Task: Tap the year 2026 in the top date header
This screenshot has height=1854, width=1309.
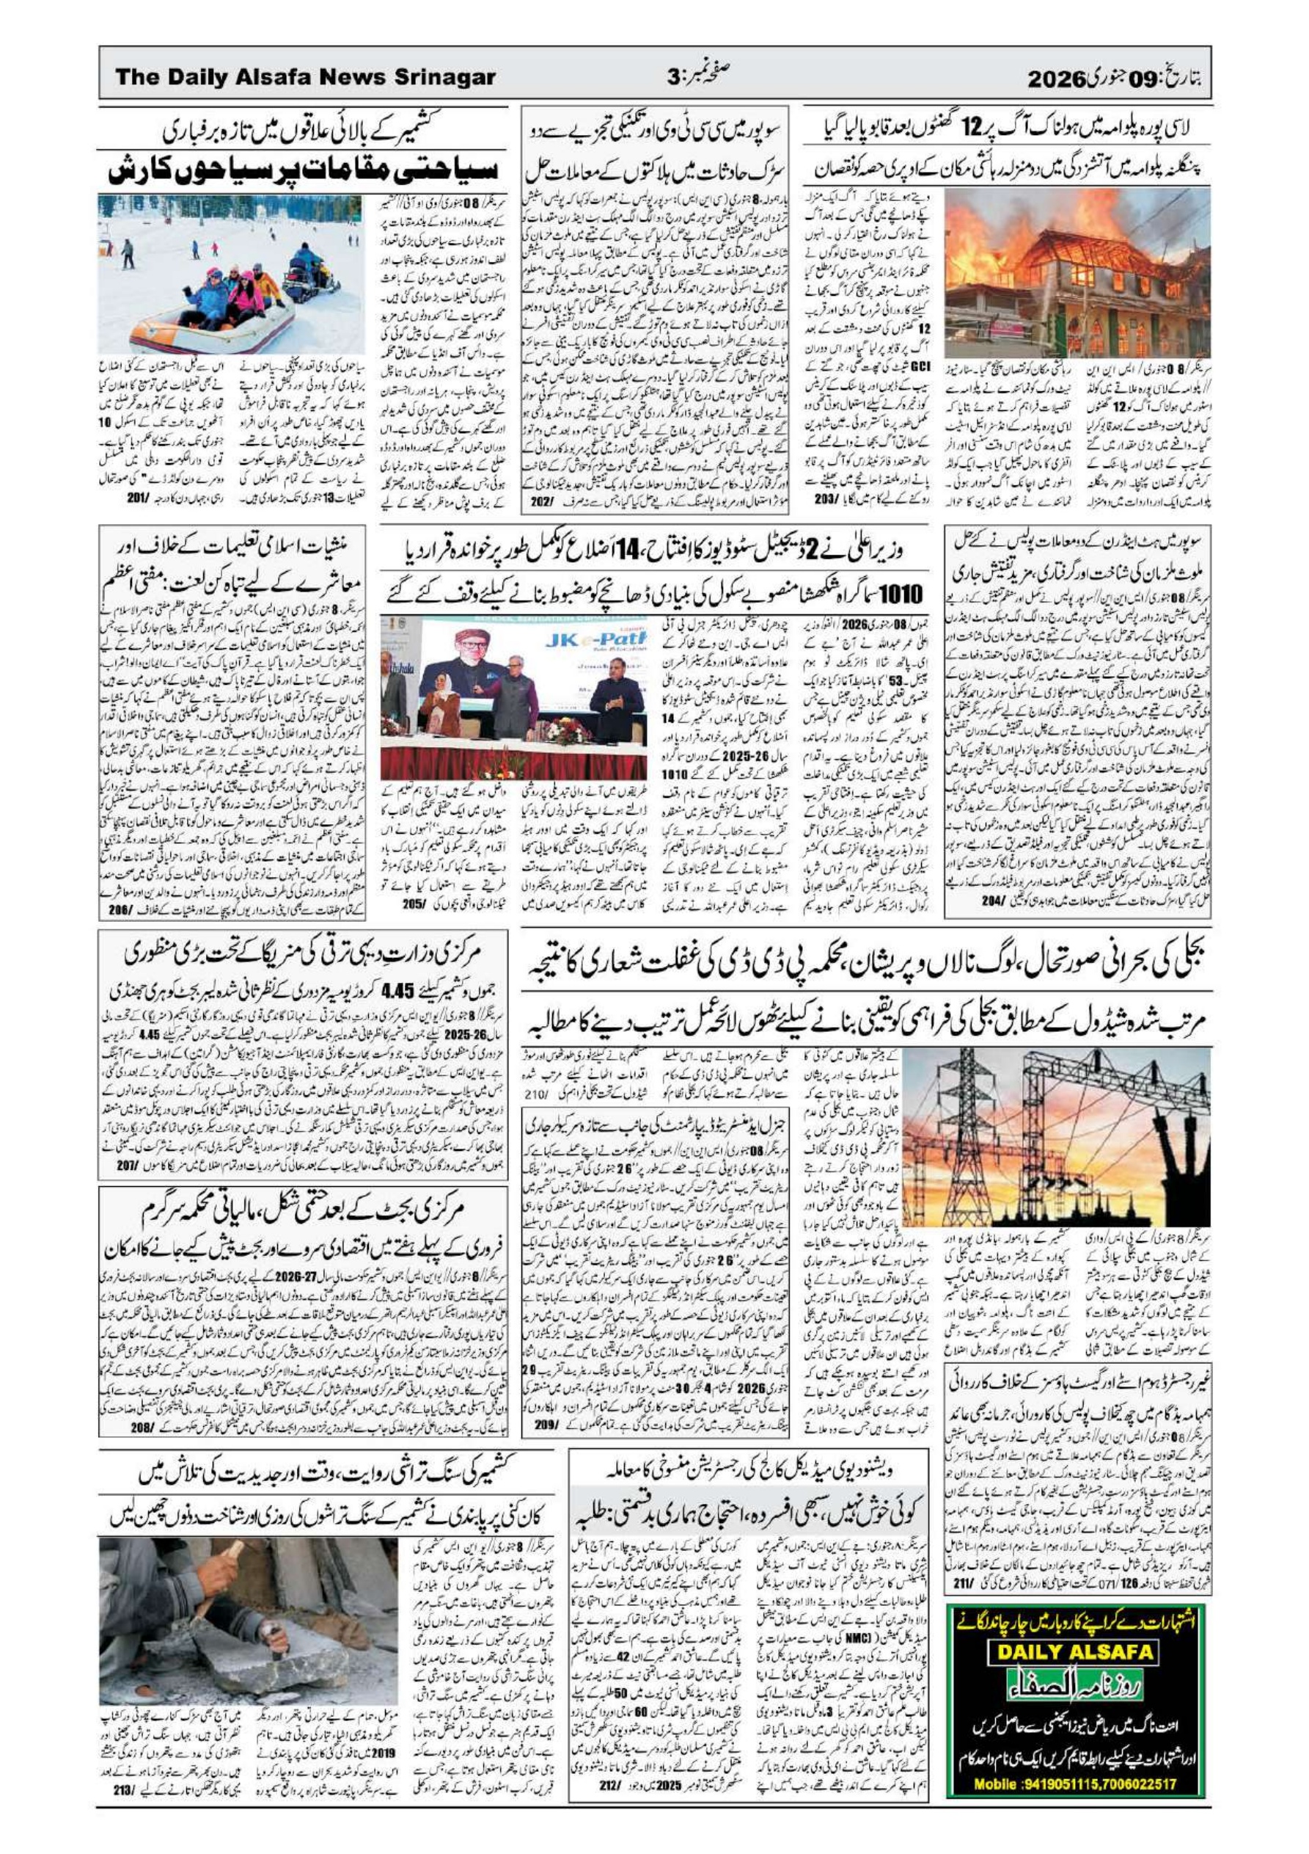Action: pyautogui.click(x=1054, y=79)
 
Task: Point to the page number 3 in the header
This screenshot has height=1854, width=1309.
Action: pyautogui.click(x=675, y=78)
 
